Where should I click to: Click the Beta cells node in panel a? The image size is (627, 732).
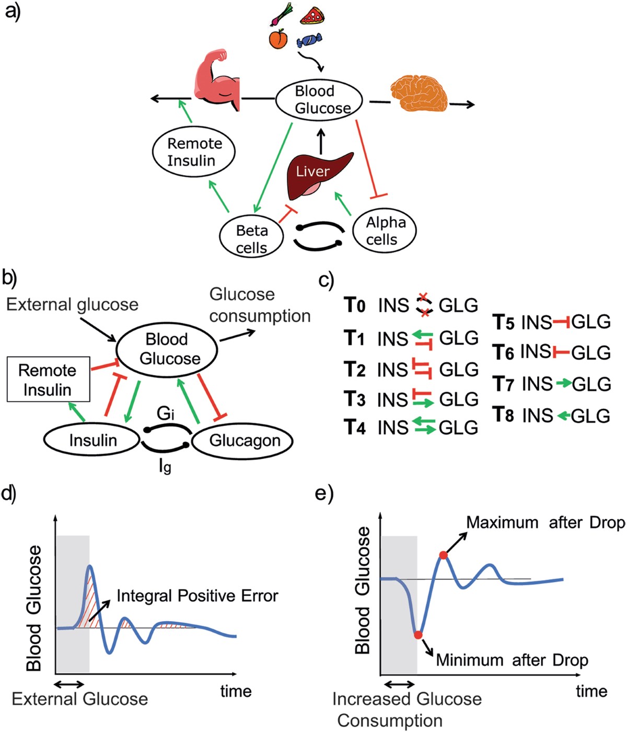pos(251,238)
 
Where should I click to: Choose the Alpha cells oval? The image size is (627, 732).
pos(385,231)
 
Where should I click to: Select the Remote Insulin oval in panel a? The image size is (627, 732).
pos(194,152)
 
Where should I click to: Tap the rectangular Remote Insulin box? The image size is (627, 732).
pos(48,380)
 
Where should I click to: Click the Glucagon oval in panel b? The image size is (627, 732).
pos(245,441)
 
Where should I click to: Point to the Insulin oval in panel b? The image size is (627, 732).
pos(93,441)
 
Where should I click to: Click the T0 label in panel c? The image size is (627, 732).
pos(355,305)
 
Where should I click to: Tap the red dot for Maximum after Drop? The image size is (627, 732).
pos(444,555)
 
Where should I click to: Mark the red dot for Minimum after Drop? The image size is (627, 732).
pos(417,635)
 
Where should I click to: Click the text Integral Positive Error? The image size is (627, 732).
pos(198,596)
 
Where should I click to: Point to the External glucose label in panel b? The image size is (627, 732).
pos(72,304)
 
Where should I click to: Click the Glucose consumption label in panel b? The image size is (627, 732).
pos(260,305)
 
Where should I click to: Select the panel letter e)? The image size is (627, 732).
pos(324,493)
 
